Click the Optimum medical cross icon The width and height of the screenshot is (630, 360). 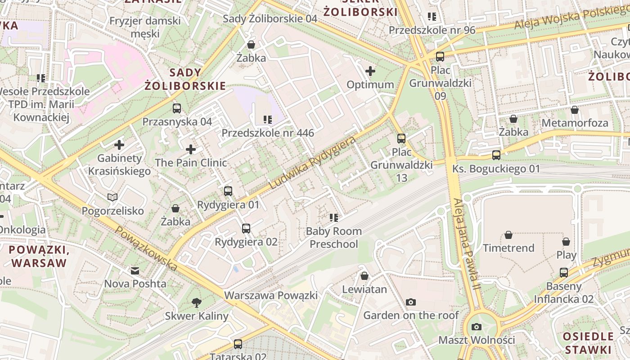coord(370,71)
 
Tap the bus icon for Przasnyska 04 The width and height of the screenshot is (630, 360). coord(177,108)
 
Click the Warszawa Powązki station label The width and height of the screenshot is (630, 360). coord(271,296)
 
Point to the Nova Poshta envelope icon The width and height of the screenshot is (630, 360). coord(135,270)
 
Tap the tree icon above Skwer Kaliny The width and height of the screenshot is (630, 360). coord(196,302)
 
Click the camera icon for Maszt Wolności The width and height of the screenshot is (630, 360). coord(477,327)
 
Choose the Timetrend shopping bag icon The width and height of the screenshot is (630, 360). coord(508,235)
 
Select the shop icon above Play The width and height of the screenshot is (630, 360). coord(566,242)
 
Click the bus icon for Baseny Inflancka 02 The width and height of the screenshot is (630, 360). coord(564,272)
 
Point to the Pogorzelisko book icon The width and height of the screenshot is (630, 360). coord(112,197)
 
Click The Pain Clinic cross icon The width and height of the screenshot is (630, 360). coord(191,149)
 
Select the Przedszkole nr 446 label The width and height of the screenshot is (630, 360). coord(268,133)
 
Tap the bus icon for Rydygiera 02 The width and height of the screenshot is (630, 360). coord(246,229)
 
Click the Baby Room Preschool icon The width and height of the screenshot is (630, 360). coord(334,218)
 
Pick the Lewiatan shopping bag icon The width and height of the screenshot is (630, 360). coord(364,276)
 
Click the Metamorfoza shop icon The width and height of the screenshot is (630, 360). coord(575,110)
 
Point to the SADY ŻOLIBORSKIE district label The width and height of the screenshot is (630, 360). coord(185,79)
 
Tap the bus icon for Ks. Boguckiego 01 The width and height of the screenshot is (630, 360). coord(496,155)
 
